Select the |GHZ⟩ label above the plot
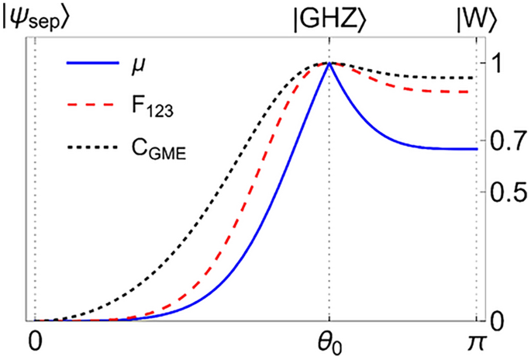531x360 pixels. click(x=329, y=16)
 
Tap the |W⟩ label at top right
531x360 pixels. click(x=474, y=16)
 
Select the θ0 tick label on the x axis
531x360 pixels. click(x=330, y=342)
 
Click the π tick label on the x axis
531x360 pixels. click(x=475, y=341)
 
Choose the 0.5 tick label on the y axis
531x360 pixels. click(x=505, y=192)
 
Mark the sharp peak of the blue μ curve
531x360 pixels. click(x=329, y=64)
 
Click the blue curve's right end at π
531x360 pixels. click(x=474, y=149)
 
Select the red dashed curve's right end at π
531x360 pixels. click(x=474, y=92)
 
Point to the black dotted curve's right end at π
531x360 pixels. click(x=474, y=78)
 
